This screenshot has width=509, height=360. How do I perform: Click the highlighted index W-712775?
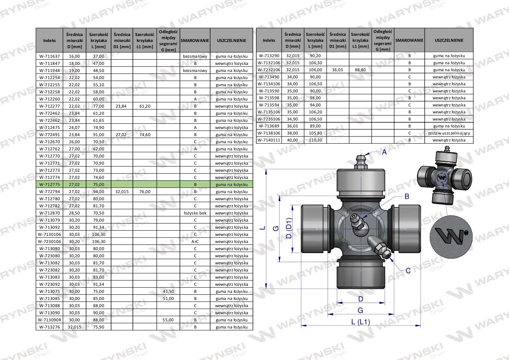pyautogui.click(x=49, y=184)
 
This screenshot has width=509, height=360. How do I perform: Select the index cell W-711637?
pyautogui.click(x=49, y=56)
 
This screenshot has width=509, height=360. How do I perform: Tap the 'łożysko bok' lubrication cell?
pyautogui.click(x=195, y=213)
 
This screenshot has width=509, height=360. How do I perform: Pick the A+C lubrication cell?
pyautogui.click(x=195, y=241)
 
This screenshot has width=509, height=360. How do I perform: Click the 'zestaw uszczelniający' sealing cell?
pyautogui.click(x=449, y=133)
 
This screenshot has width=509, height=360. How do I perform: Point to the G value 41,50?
pyautogui.click(x=168, y=291)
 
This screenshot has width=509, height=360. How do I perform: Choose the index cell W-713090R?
pyautogui.click(x=49, y=320)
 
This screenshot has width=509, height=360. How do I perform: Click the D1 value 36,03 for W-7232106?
pyautogui.click(x=338, y=70)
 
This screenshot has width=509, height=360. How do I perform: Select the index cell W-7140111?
pyautogui.click(x=269, y=140)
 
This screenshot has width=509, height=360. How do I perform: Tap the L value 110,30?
pyautogui.click(x=315, y=140)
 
